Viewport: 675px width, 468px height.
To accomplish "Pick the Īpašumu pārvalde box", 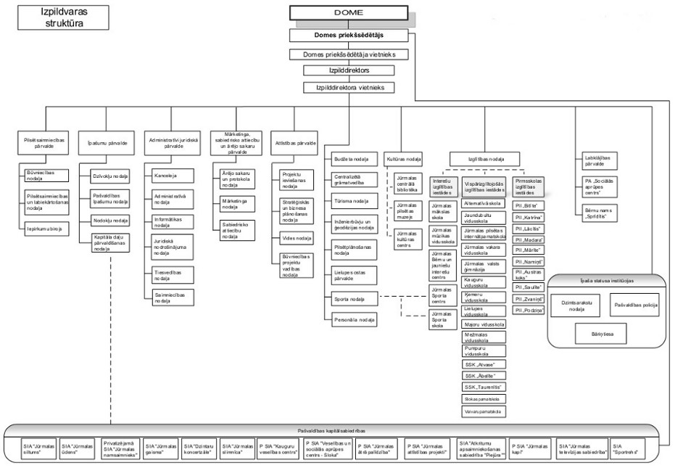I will coord(107,144).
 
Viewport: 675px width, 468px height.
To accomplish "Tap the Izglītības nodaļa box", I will coord(484,159).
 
